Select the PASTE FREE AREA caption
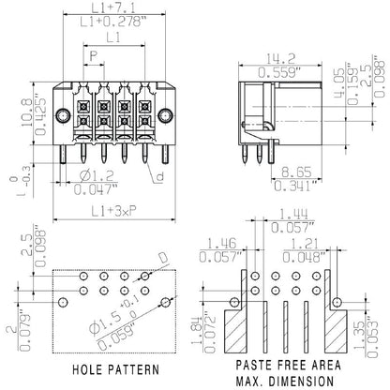(x=281, y=362)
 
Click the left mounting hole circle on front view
(x=59, y=117)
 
